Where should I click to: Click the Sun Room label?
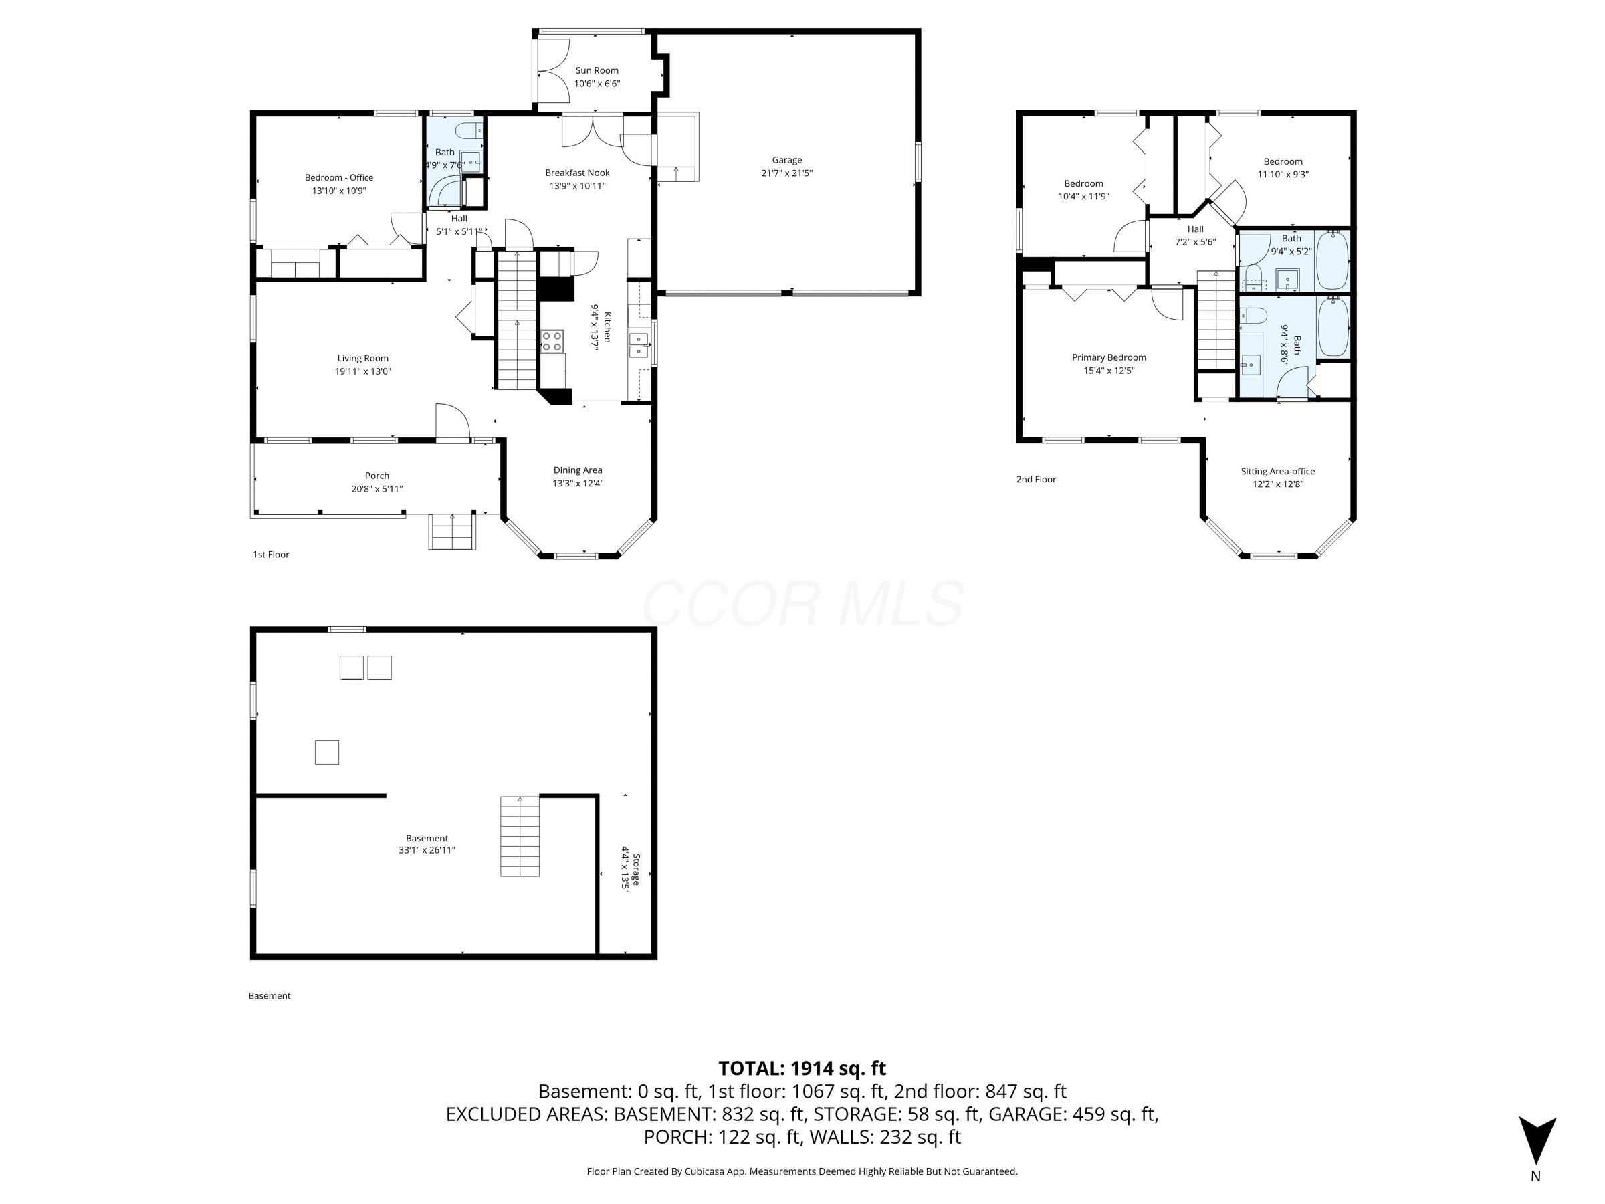coord(597,70)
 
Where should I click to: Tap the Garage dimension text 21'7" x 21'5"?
coord(786,173)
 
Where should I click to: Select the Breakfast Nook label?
coord(577,173)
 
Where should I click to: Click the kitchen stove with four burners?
coord(552,341)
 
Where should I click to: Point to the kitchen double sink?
coord(639,345)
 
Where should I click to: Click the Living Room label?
coord(362,358)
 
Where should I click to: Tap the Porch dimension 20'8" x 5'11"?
coord(377,489)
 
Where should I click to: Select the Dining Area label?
coord(578,470)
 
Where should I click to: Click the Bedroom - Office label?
coord(339,177)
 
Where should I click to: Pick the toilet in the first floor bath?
coord(468,130)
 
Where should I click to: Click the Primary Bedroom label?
coord(1109,357)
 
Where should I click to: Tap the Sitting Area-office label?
coord(1277,471)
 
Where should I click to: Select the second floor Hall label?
coord(1195,229)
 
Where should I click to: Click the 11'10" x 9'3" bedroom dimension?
coord(1282,174)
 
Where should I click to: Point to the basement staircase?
coord(520,836)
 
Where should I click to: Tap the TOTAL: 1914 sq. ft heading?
coord(802,1068)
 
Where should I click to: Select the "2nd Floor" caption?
coord(1035,479)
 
